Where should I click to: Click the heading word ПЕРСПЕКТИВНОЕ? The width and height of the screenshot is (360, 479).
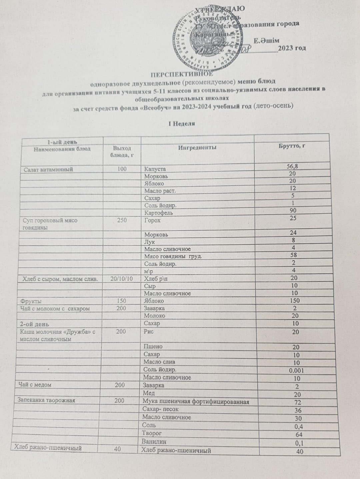click(x=181, y=74)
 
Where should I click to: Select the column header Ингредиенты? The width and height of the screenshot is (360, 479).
click(x=197, y=147)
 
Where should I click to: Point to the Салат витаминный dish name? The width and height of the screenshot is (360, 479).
click(x=48, y=169)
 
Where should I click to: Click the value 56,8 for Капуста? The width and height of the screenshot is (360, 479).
click(x=292, y=166)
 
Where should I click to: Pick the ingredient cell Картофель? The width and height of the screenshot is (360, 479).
click(x=158, y=213)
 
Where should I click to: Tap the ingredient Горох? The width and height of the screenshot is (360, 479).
click(x=152, y=220)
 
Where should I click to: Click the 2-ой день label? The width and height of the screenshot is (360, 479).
click(x=35, y=324)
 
